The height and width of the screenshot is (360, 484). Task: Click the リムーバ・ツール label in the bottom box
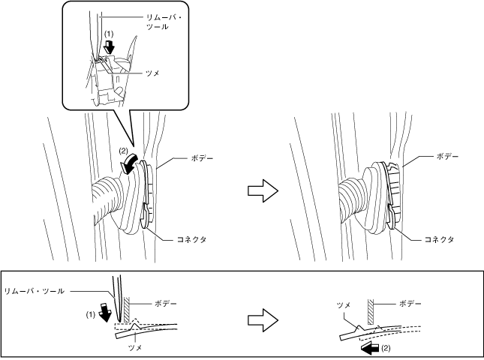pos(34,289)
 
